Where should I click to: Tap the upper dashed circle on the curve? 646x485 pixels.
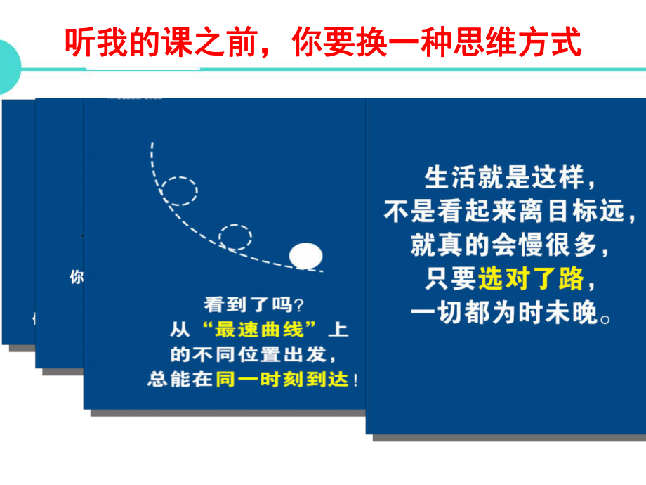(x=178, y=190)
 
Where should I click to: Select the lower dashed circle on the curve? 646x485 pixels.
(x=235, y=238)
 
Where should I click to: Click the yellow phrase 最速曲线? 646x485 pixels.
(x=263, y=328)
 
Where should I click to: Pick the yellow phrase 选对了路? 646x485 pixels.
(x=531, y=279)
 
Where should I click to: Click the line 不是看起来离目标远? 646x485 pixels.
(x=513, y=212)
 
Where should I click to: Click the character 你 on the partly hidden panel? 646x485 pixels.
(x=76, y=277)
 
